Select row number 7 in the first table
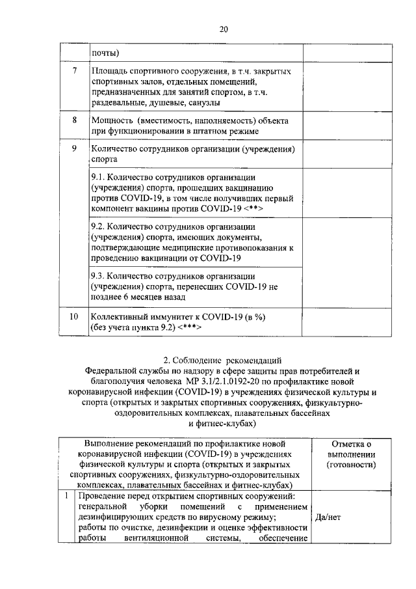(74, 70)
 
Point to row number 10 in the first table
(74, 316)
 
